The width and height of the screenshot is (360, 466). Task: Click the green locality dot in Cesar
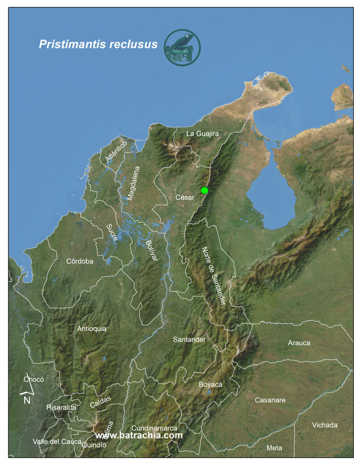pos(204,191)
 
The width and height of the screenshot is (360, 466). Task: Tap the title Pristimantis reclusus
pos(98,44)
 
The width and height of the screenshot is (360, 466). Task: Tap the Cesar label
pos(184,198)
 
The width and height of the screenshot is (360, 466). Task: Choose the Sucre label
pos(112,233)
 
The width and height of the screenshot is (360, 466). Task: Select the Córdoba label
pos(79,261)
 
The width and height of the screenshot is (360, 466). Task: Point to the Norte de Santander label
pos(214,276)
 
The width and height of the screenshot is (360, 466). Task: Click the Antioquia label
pos(92,329)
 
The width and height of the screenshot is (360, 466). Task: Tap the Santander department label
pos(190,340)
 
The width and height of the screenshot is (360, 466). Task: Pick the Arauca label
pos(299,343)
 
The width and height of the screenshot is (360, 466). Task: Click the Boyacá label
pos(211,384)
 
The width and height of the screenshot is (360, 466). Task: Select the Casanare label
pos(270,400)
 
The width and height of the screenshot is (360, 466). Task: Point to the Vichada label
pos(325,425)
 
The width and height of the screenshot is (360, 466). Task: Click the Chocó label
pos(34,379)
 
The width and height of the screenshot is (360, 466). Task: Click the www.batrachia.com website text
pos(139,436)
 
